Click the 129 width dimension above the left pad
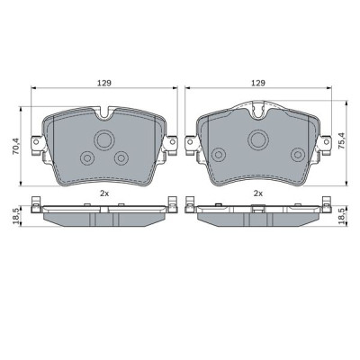tap(103, 82)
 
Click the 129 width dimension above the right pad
tap(259, 82)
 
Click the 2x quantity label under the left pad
tap(103, 193)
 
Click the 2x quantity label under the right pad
tap(258, 193)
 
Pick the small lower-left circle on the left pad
tap(88, 158)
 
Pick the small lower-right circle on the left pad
tap(121, 158)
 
